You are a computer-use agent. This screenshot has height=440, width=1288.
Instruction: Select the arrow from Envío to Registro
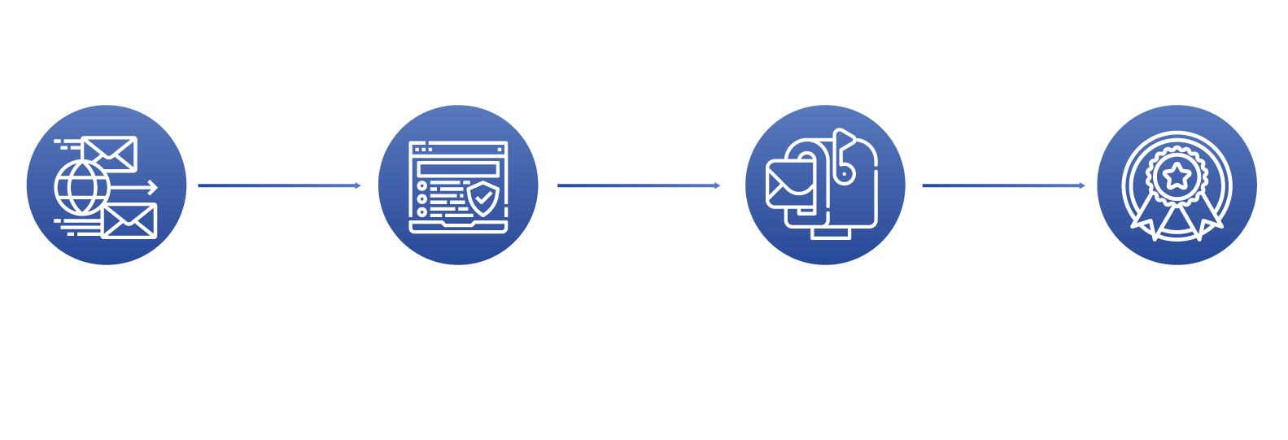tap(279, 185)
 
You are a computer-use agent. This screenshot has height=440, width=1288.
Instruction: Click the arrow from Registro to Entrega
tap(639, 185)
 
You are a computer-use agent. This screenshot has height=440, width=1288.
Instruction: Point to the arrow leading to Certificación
tap(1003, 185)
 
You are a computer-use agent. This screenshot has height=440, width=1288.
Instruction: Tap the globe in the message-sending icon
tap(81, 186)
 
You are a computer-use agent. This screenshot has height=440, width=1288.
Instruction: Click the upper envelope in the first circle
tap(110, 153)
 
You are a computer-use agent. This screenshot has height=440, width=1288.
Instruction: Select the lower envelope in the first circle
tap(129, 220)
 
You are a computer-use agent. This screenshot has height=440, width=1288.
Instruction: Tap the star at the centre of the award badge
tap(1176, 173)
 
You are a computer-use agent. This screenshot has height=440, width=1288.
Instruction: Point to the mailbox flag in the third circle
tap(845, 143)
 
